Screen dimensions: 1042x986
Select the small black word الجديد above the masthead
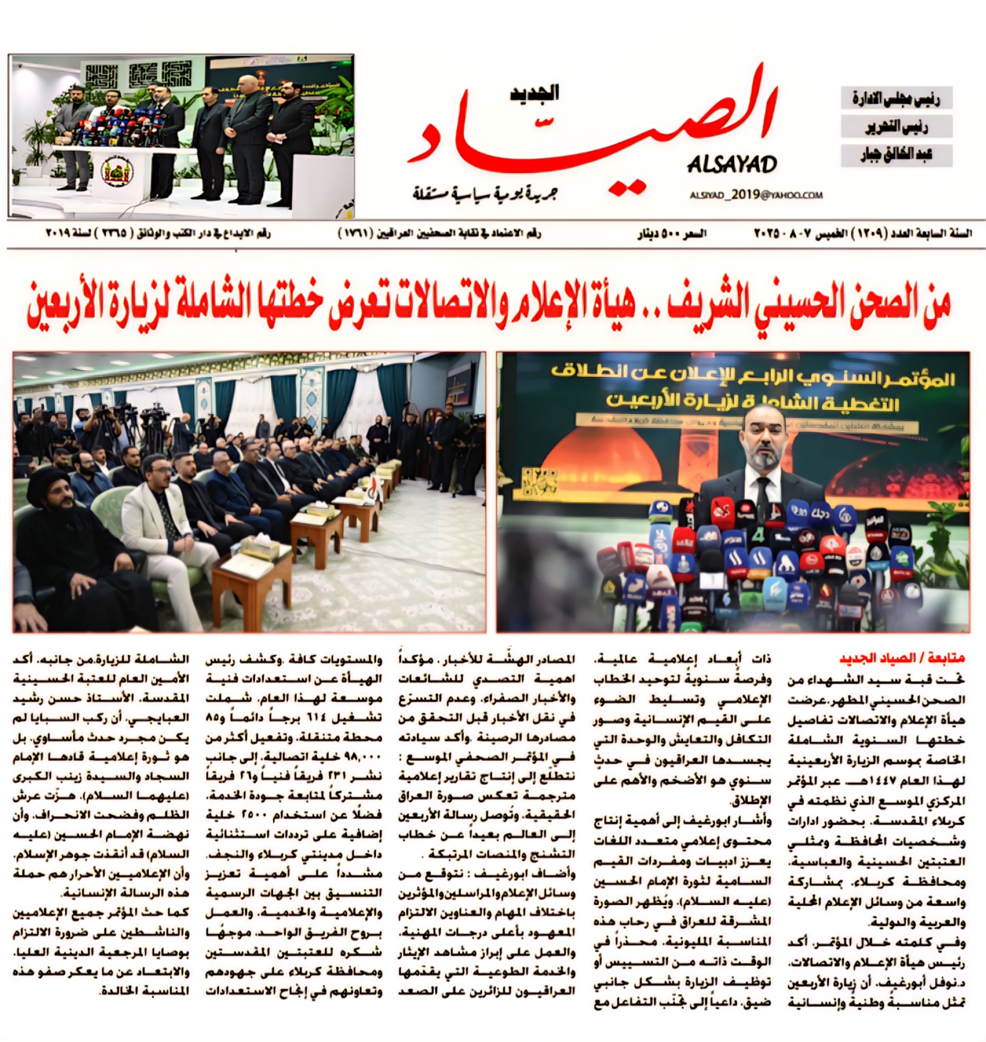point(534,93)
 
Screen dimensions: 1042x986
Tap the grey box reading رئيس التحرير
point(896,127)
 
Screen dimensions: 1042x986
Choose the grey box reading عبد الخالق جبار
point(896,155)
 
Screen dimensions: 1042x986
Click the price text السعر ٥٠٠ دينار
point(672,234)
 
